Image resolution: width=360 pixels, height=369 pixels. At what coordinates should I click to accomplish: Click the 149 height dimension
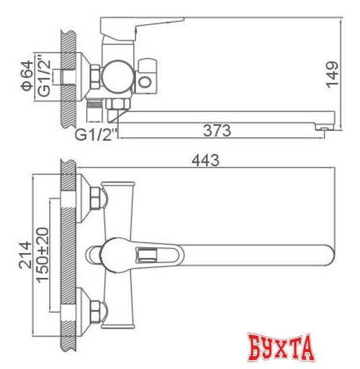pos(332,75)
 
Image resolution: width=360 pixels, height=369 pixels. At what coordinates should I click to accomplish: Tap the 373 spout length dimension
pos(217,131)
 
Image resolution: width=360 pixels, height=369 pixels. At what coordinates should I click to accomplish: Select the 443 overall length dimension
pos(205,161)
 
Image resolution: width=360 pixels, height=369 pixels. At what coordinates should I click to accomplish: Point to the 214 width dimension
pos(25,255)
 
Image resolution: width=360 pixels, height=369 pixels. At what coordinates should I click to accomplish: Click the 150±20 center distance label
pos(43,255)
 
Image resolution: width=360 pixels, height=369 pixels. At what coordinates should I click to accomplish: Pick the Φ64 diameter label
pos(27,76)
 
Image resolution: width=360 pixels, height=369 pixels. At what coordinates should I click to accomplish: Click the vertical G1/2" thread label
pos(44,76)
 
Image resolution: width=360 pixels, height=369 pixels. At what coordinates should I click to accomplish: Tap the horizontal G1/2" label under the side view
pos(96,135)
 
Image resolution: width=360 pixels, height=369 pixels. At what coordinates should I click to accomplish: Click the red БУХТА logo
pos(281,348)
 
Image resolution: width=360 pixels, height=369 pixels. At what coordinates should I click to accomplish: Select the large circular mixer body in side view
pos(118,76)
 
